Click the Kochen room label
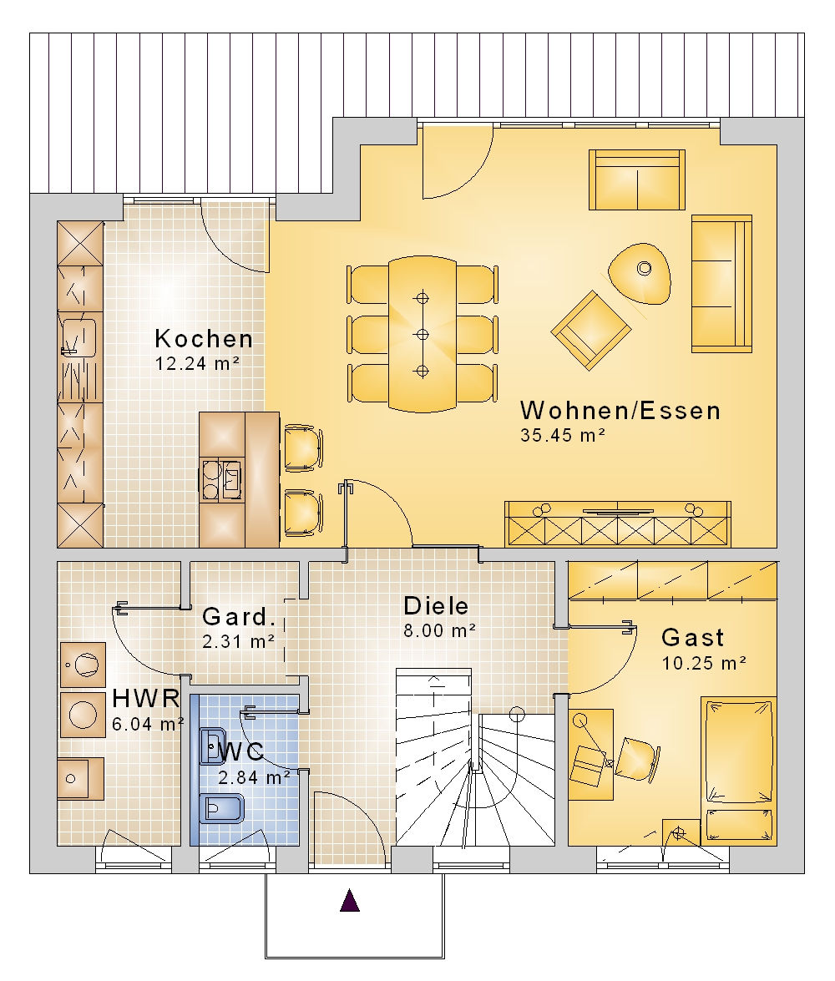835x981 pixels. (x=204, y=338)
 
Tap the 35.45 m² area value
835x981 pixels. (x=563, y=435)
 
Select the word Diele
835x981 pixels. (x=436, y=605)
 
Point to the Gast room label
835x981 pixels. (x=692, y=638)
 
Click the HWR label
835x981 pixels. (x=146, y=698)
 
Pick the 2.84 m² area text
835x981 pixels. (x=254, y=777)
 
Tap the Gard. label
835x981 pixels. (x=239, y=617)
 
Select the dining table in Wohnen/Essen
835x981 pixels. (x=423, y=334)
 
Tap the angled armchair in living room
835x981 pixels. (x=591, y=330)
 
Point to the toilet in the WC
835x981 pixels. (x=221, y=809)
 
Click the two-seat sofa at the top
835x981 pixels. (x=637, y=180)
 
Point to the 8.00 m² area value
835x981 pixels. (x=439, y=630)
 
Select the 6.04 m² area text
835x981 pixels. (x=148, y=724)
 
